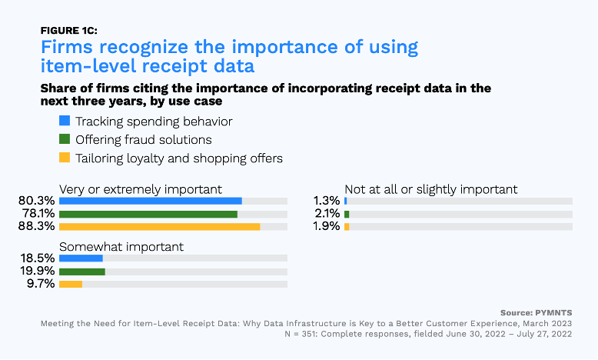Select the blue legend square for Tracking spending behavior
click(65, 121)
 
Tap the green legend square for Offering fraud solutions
click(65, 139)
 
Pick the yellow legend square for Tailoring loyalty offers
click(65, 158)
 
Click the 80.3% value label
click(36, 201)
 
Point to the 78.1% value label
click(36, 214)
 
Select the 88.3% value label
click(36, 227)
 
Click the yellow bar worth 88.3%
click(159, 227)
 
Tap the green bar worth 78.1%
click(148, 214)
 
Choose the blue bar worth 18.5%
click(81, 258)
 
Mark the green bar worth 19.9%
click(81, 271)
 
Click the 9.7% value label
click(39, 284)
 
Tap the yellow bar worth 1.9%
click(347, 227)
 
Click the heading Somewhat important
click(121, 246)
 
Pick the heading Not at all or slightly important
click(431, 189)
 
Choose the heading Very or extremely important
click(141, 189)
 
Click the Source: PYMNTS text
click(536, 313)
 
